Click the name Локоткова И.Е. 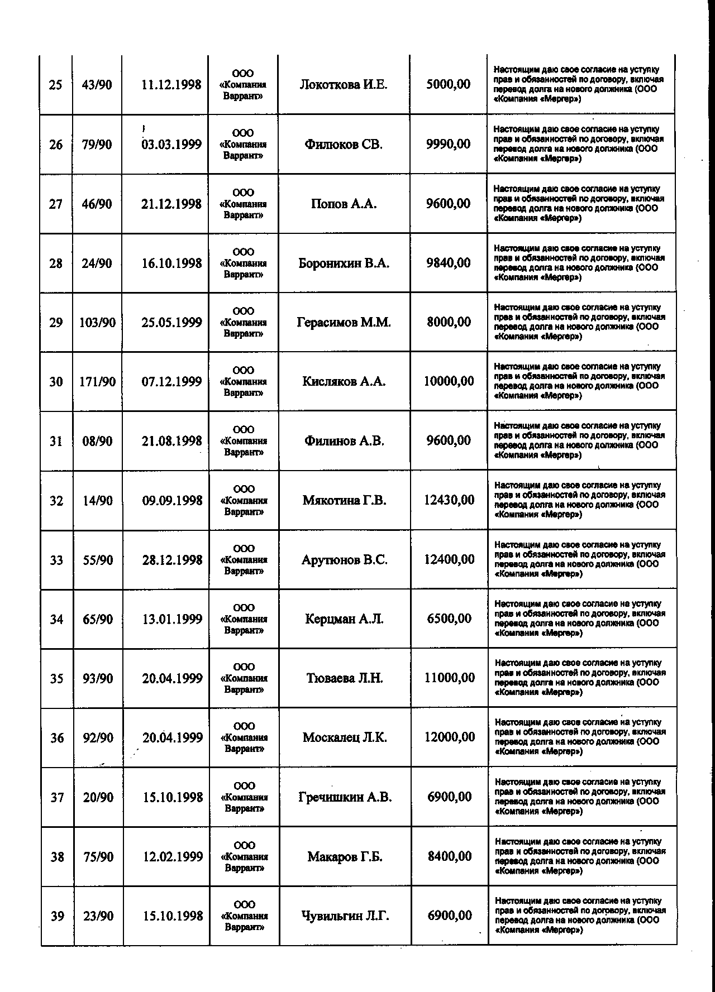pyautogui.click(x=343, y=85)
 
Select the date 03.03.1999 pyautogui.click(x=171, y=145)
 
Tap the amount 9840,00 pyautogui.click(x=448, y=263)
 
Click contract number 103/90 pyautogui.click(x=98, y=323)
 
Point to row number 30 pyautogui.click(x=56, y=382)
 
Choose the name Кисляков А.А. pyautogui.click(x=344, y=382)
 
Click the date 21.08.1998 pyautogui.click(x=171, y=441)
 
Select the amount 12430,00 pyautogui.click(x=449, y=500)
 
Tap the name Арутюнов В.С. pyautogui.click(x=344, y=560)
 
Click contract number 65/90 pyautogui.click(x=98, y=619)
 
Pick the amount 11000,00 pyautogui.click(x=450, y=678)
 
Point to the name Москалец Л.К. pyautogui.click(x=345, y=738)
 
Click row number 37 pyautogui.click(x=57, y=797)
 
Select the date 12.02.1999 pyautogui.click(x=173, y=856)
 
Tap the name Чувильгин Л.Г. pyautogui.click(x=345, y=916)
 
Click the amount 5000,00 pyautogui.click(x=448, y=85)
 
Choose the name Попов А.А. pyautogui.click(x=344, y=204)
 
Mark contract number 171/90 pyautogui.click(x=98, y=382)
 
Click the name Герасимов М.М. pyautogui.click(x=344, y=323)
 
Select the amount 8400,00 pyautogui.click(x=450, y=856)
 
